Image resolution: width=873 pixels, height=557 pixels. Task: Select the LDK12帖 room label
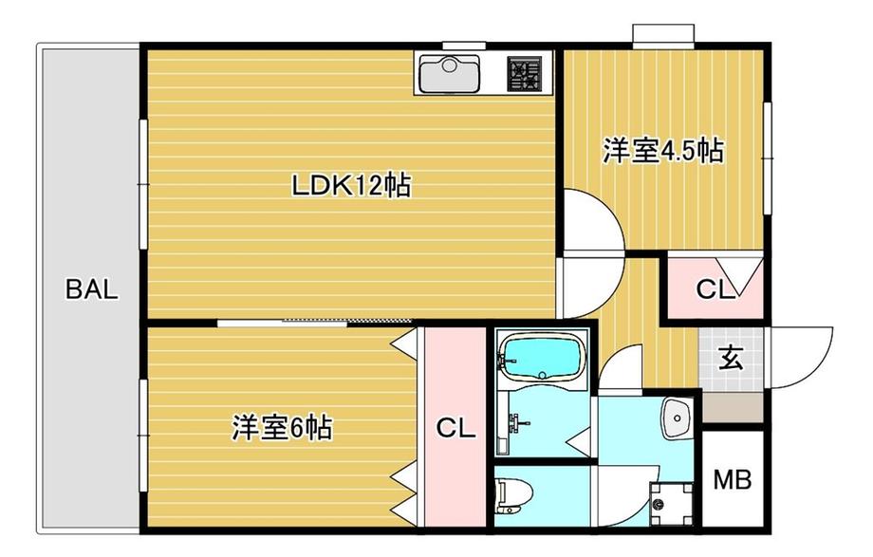pos(350,186)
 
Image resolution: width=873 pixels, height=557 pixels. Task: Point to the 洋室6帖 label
pos(281,428)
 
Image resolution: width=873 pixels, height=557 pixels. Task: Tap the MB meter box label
pos(732,480)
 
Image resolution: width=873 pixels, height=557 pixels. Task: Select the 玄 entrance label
pos(730,359)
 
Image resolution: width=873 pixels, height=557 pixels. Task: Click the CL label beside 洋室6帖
pos(455,429)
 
